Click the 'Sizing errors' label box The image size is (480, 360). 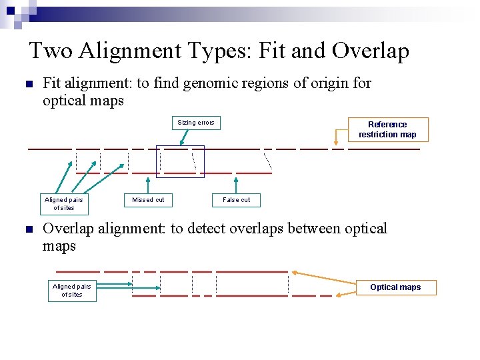click(196, 123)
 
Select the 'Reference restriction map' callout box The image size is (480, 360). click(387, 129)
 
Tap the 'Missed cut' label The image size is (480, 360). click(148, 200)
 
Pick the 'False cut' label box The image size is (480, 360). click(237, 200)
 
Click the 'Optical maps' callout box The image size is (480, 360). click(395, 287)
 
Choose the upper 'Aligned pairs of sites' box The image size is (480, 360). click(64, 203)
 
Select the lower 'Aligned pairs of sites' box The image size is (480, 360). click(72, 291)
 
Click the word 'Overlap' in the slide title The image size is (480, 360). click(371, 51)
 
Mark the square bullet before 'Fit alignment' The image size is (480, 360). click(28, 85)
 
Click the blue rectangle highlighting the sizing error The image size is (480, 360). click(180, 161)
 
